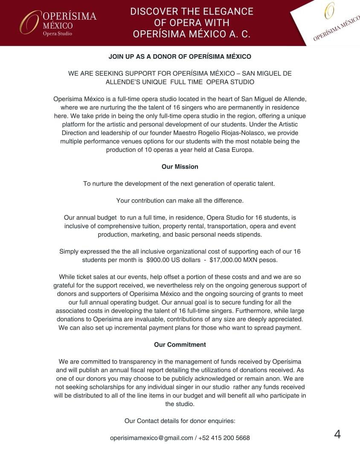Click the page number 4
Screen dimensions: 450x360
pos(337,434)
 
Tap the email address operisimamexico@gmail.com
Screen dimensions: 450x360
pos(151,438)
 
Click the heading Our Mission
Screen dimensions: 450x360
pos(180,167)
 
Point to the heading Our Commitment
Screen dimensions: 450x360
pos(180,344)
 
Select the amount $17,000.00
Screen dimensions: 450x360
pos(228,260)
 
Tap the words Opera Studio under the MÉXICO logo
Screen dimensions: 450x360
pos(57,34)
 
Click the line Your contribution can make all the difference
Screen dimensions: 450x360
pos(180,200)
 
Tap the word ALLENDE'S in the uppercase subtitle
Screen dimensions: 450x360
pos(123,82)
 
